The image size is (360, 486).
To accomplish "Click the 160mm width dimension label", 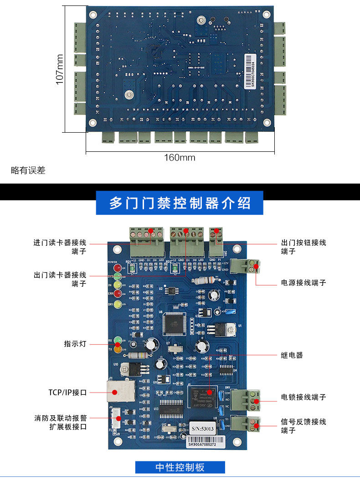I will click(180, 158).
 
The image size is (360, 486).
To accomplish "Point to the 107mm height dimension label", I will click(60, 69).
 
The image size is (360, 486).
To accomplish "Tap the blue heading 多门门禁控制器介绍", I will click(180, 203).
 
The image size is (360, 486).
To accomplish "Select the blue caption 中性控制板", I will click(180, 468).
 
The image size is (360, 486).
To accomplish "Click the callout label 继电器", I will click(292, 355).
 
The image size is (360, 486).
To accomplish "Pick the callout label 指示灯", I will click(75, 344).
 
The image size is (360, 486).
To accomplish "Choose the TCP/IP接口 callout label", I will click(67, 392).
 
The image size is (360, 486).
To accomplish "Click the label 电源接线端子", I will click(303, 283).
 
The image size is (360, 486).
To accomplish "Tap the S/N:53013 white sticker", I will click(203, 428).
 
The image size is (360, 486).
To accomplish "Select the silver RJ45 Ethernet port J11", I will click(117, 389).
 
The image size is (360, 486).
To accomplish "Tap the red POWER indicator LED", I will click(117, 268).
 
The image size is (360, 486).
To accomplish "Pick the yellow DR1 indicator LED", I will click(117, 304).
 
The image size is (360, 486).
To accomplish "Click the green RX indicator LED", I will click(118, 340).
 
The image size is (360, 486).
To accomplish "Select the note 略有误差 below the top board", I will click(28, 171).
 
